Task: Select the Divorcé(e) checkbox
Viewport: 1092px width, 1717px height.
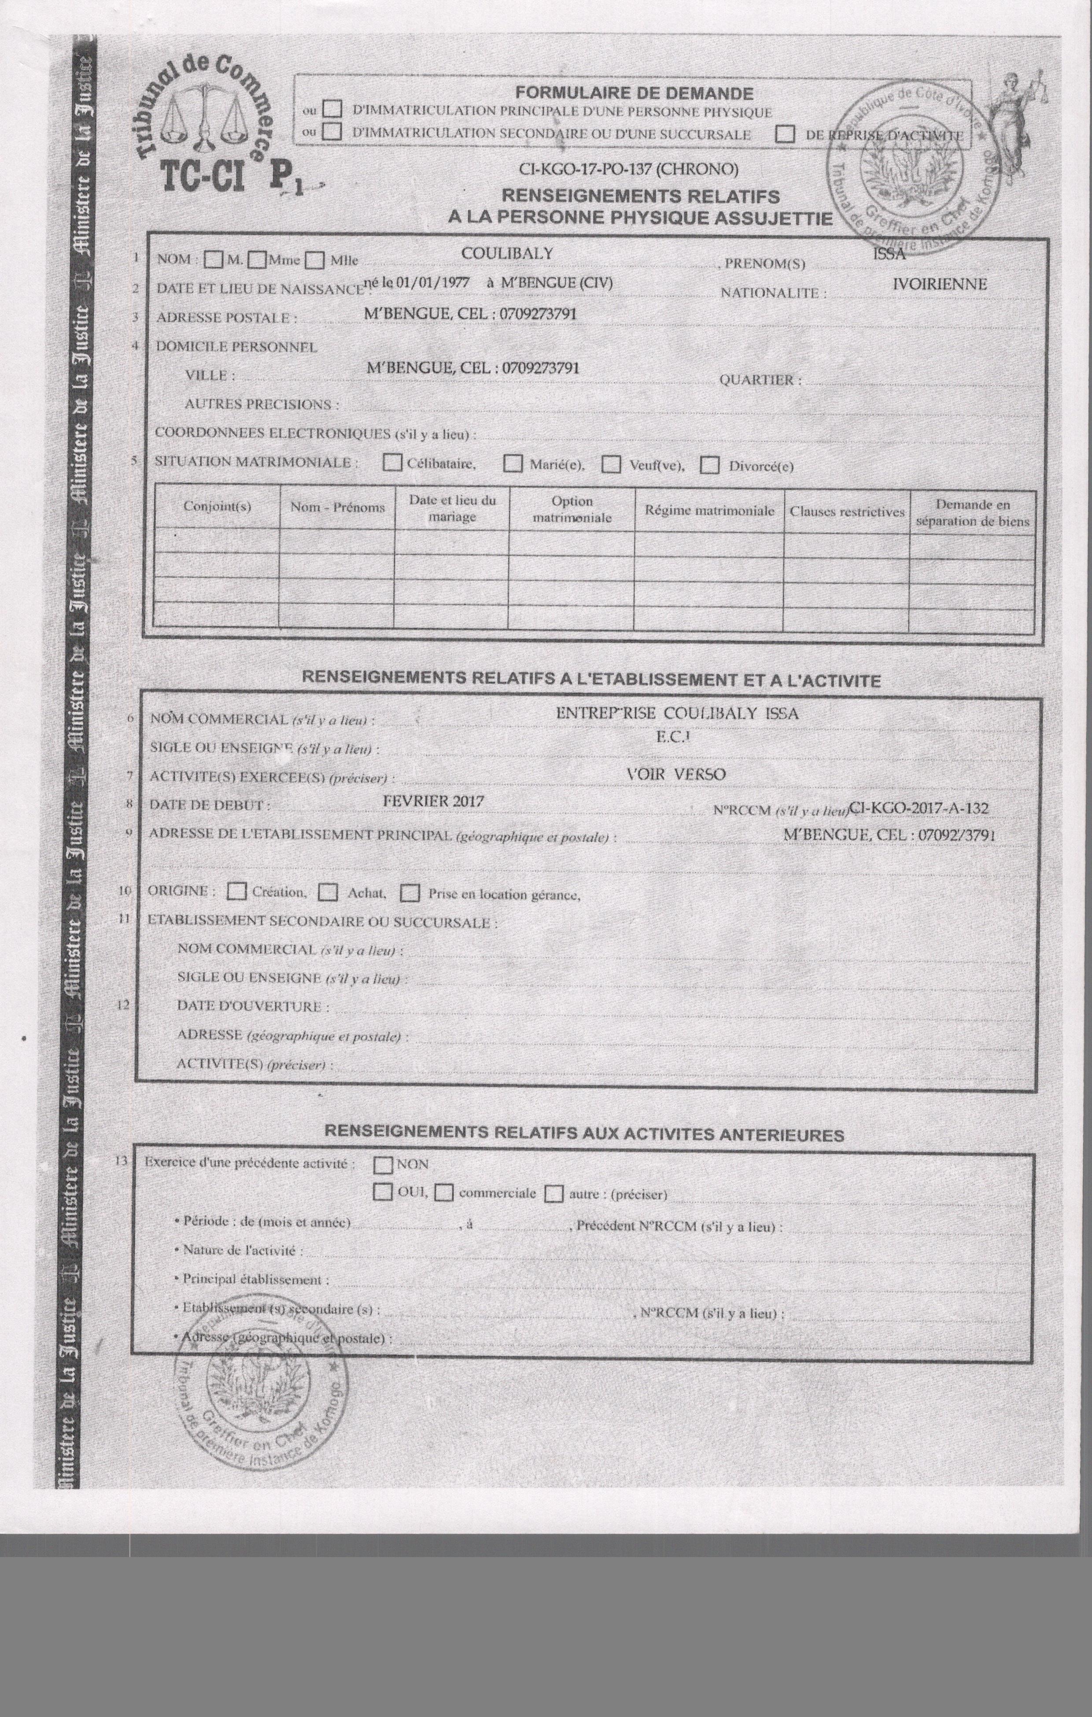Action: point(709,466)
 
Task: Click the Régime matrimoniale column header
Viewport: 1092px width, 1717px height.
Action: point(709,511)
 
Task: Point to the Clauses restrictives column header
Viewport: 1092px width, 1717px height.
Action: point(847,511)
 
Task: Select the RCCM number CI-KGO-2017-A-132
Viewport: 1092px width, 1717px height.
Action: point(918,808)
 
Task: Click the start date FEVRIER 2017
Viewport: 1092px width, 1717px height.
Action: point(433,801)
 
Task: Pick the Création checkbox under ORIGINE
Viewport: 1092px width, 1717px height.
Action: point(236,891)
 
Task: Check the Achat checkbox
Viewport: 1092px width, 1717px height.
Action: point(328,892)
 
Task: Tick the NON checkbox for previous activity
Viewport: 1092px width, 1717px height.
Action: point(384,1164)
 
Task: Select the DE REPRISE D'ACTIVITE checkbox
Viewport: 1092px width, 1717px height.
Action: point(786,134)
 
